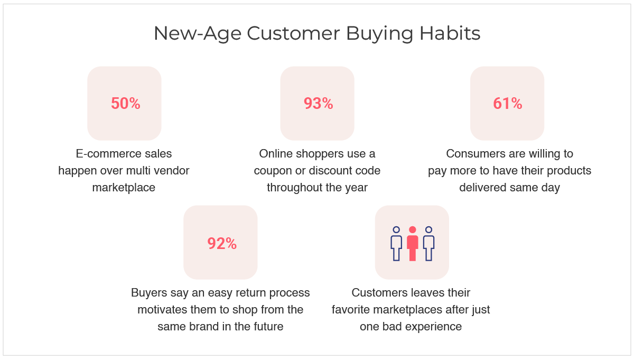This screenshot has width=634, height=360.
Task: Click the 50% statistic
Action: click(125, 104)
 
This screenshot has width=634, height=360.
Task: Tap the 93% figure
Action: click(319, 104)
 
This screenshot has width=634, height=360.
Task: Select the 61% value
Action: click(508, 104)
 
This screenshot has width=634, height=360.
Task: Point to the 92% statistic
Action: click(222, 243)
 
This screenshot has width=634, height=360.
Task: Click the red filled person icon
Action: click(413, 244)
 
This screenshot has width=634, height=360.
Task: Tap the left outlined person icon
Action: click(396, 244)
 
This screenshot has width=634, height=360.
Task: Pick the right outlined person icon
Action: click(428, 244)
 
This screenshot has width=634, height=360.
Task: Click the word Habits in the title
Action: click(450, 33)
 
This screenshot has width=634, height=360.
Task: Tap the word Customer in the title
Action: click(293, 33)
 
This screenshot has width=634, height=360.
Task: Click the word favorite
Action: click(350, 310)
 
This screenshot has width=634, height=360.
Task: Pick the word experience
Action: click(435, 327)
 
